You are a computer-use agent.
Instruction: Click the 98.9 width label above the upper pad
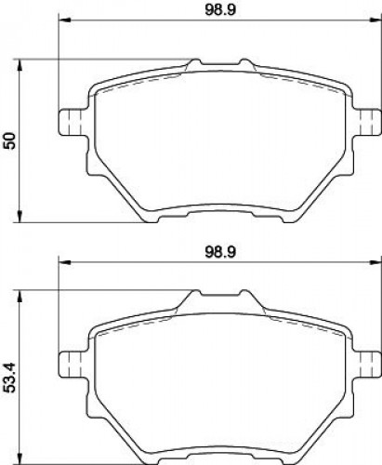220,10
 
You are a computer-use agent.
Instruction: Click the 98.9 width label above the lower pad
220,252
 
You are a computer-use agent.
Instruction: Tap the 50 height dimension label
10,140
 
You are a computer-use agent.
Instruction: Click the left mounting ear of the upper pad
72,122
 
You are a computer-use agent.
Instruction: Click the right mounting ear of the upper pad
367,122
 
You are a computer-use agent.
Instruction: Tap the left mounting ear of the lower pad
72,365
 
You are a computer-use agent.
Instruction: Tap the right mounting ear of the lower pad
367,365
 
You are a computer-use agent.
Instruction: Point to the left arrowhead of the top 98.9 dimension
64,20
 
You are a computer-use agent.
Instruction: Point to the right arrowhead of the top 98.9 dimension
375,20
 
